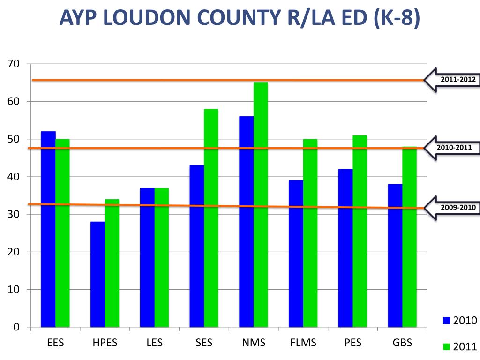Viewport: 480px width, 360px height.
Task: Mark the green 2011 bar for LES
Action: point(162,257)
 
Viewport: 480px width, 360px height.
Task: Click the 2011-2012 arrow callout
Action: point(452,80)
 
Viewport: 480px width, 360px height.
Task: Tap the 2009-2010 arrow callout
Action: point(452,208)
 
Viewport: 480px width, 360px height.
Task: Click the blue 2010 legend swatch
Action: point(446,321)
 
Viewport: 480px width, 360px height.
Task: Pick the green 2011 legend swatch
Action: point(446,347)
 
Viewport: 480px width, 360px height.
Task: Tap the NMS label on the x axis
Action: point(254,343)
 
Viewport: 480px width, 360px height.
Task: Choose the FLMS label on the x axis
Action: point(303,343)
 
